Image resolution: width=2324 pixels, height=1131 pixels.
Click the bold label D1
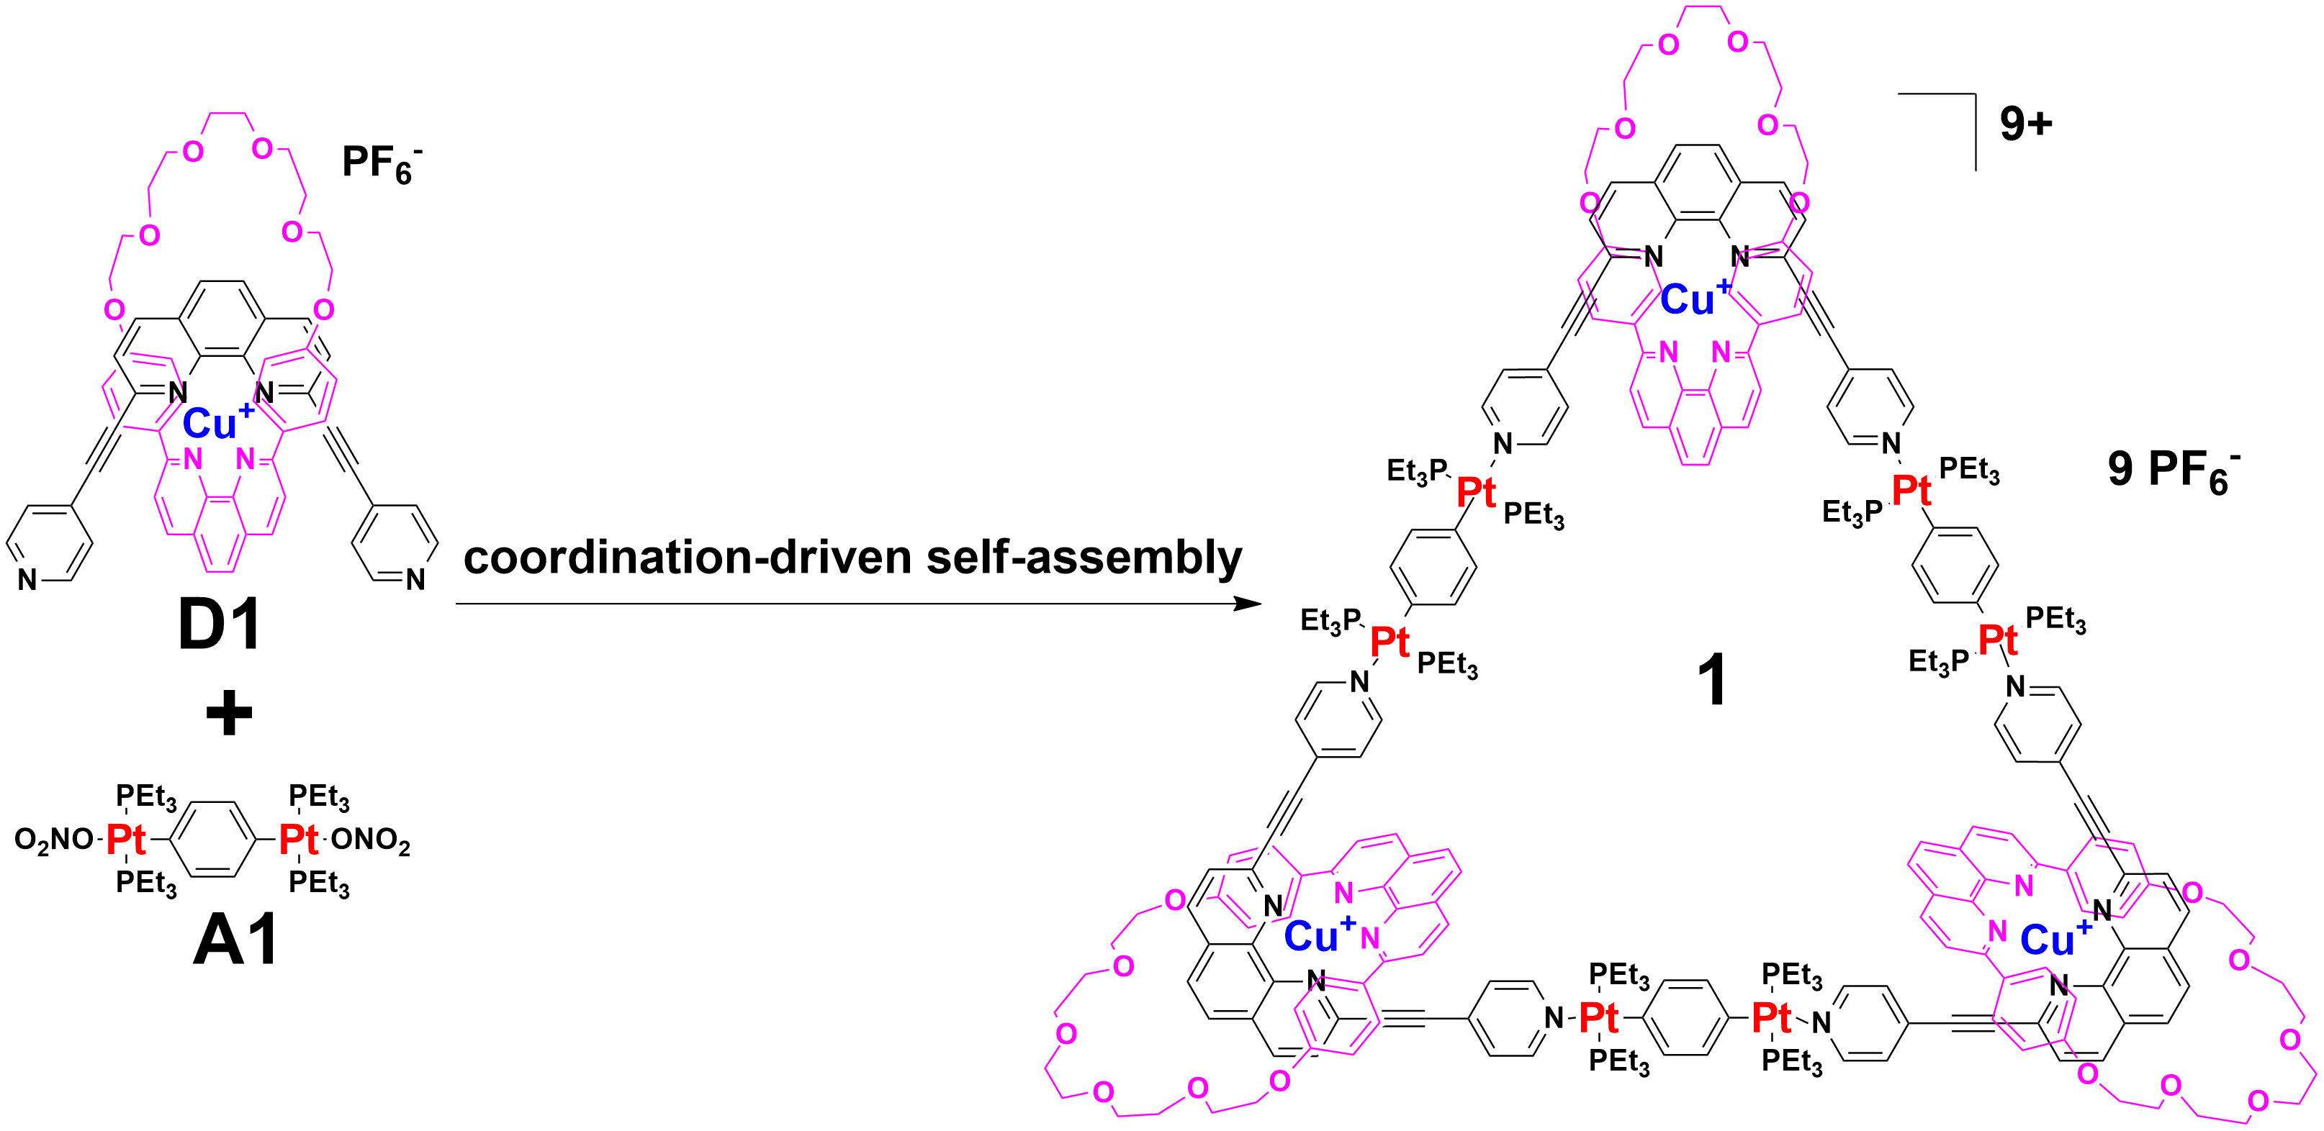[220, 624]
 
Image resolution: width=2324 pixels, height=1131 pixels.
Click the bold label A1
[236, 940]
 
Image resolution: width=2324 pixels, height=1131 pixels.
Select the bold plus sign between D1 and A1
[229, 712]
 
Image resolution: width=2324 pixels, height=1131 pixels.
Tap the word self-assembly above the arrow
[1084, 558]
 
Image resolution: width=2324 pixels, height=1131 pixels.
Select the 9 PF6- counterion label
[2174, 471]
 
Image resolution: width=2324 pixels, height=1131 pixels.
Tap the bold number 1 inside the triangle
[1712, 679]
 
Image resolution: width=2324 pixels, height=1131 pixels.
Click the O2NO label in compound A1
[54, 840]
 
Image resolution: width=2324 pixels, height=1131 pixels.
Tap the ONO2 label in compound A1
[371, 840]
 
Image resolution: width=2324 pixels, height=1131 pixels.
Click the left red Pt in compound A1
[126, 839]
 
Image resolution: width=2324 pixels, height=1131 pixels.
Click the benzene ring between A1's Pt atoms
[213, 840]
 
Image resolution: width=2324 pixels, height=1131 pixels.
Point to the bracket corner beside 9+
[1976, 94]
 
